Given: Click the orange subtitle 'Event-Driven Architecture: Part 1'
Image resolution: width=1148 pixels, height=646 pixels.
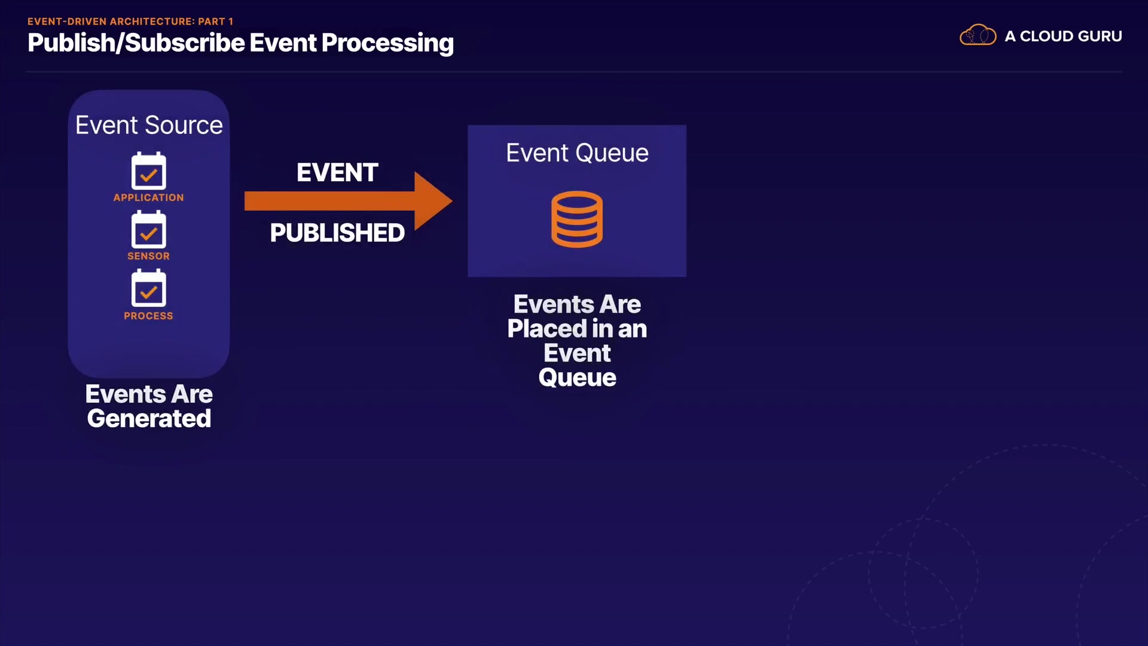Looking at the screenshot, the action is (130, 22).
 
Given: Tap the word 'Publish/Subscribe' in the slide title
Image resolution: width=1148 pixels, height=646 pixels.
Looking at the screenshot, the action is (136, 43).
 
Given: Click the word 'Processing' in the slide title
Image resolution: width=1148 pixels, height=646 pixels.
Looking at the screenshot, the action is (387, 43).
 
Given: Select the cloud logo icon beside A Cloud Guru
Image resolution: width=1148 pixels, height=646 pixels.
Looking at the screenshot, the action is (978, 35).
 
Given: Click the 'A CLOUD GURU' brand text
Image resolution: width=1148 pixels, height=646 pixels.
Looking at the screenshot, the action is (1063, 36).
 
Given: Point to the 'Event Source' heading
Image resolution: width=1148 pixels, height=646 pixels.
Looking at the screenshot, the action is (149, 125).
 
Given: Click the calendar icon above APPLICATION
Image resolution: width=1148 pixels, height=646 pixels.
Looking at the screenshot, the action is (149, 171).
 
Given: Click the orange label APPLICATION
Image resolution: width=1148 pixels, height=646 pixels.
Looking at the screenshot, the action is (149, 197).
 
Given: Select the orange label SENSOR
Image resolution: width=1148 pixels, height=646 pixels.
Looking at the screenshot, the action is (149, 256).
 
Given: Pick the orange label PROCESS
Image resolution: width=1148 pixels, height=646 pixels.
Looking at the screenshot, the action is (149, 316).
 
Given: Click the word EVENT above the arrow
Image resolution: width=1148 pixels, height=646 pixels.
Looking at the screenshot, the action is (337, 173).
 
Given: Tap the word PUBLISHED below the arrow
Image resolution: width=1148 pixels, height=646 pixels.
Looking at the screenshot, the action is (337, 233).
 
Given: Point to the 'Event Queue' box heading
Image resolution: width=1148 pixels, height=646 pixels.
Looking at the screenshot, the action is (577, 153).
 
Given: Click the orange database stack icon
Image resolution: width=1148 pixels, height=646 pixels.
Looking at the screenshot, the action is (577, 219).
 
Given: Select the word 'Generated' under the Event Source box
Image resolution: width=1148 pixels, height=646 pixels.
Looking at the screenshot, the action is (149, 419).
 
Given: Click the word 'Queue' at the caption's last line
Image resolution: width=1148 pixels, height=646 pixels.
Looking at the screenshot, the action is (577, 378).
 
